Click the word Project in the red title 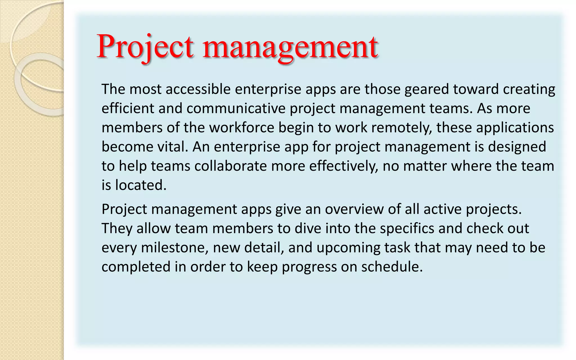[x=145, y=46]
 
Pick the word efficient [x=128, y=108]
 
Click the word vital [x=172, y=147]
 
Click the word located [x=141, y=185]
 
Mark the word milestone [x=175, y=247]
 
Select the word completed [x=136, y=267]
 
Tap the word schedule [x=392, y=267]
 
